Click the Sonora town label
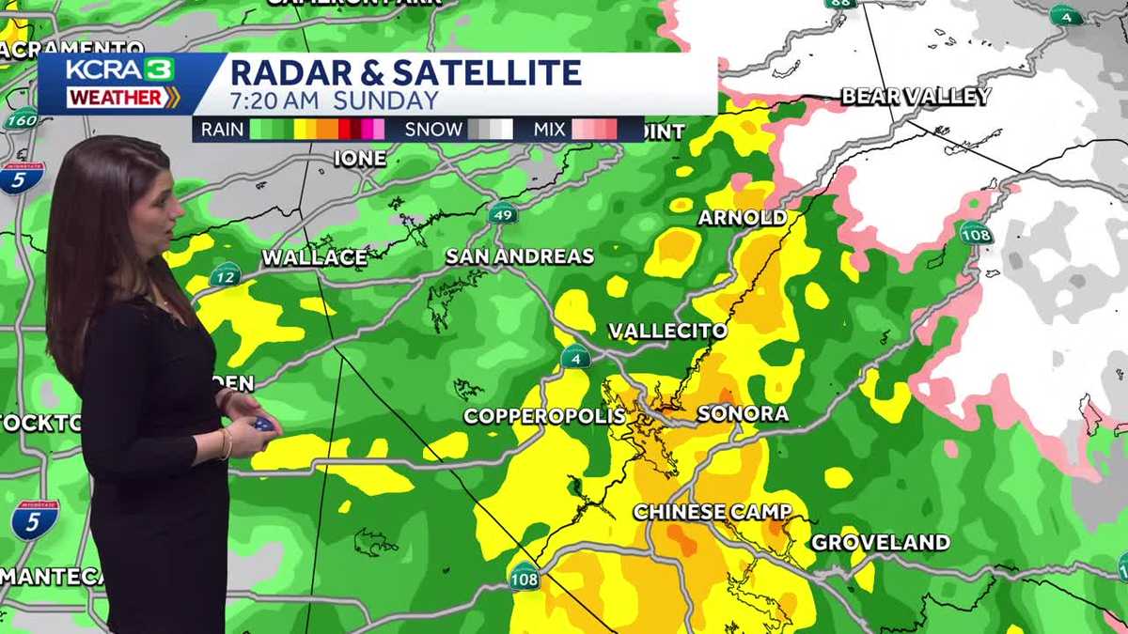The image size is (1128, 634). [743, 414]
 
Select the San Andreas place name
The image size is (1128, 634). [519, 256]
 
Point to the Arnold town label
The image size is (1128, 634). [742, 218]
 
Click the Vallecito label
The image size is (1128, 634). [667, 332]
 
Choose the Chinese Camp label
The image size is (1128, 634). [712, 512]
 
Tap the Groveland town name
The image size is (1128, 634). [880, 543]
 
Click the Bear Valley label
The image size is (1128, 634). [916, 97]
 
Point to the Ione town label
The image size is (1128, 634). [360, 159]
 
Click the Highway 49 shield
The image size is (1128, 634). [503, 214]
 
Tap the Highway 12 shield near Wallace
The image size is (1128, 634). [225, 275]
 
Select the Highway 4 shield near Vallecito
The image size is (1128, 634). [575, 357]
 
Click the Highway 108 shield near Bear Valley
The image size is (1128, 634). [976, 233]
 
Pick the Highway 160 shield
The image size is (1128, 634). [20, 119]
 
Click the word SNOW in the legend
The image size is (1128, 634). [433, 130]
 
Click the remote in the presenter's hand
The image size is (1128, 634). [263, 424]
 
